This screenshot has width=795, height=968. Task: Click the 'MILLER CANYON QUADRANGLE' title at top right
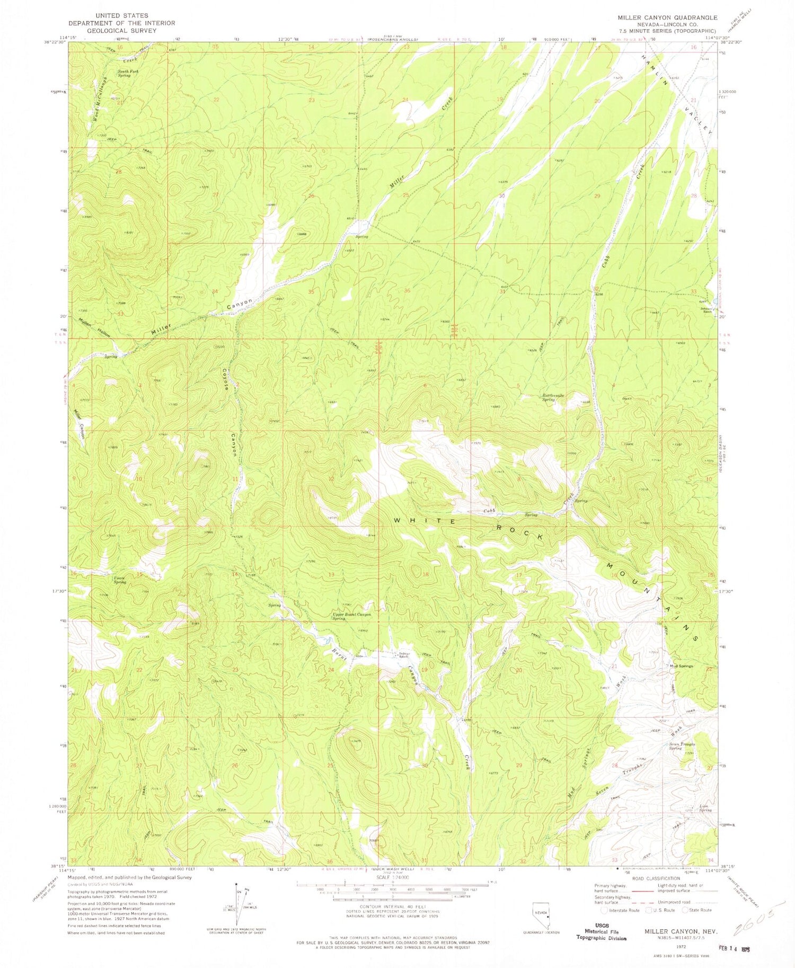667,17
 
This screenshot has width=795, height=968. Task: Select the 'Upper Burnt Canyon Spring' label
351,616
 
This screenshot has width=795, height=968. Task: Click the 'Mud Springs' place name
682,666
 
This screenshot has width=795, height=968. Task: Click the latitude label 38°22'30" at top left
54,43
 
